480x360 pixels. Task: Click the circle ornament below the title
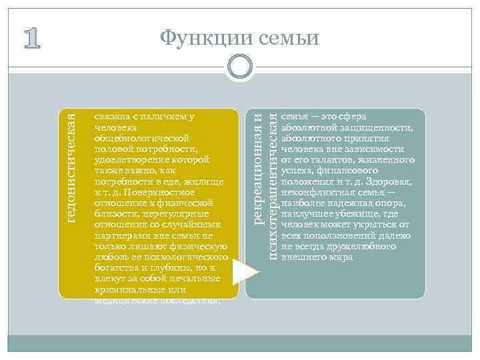point(240,67)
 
